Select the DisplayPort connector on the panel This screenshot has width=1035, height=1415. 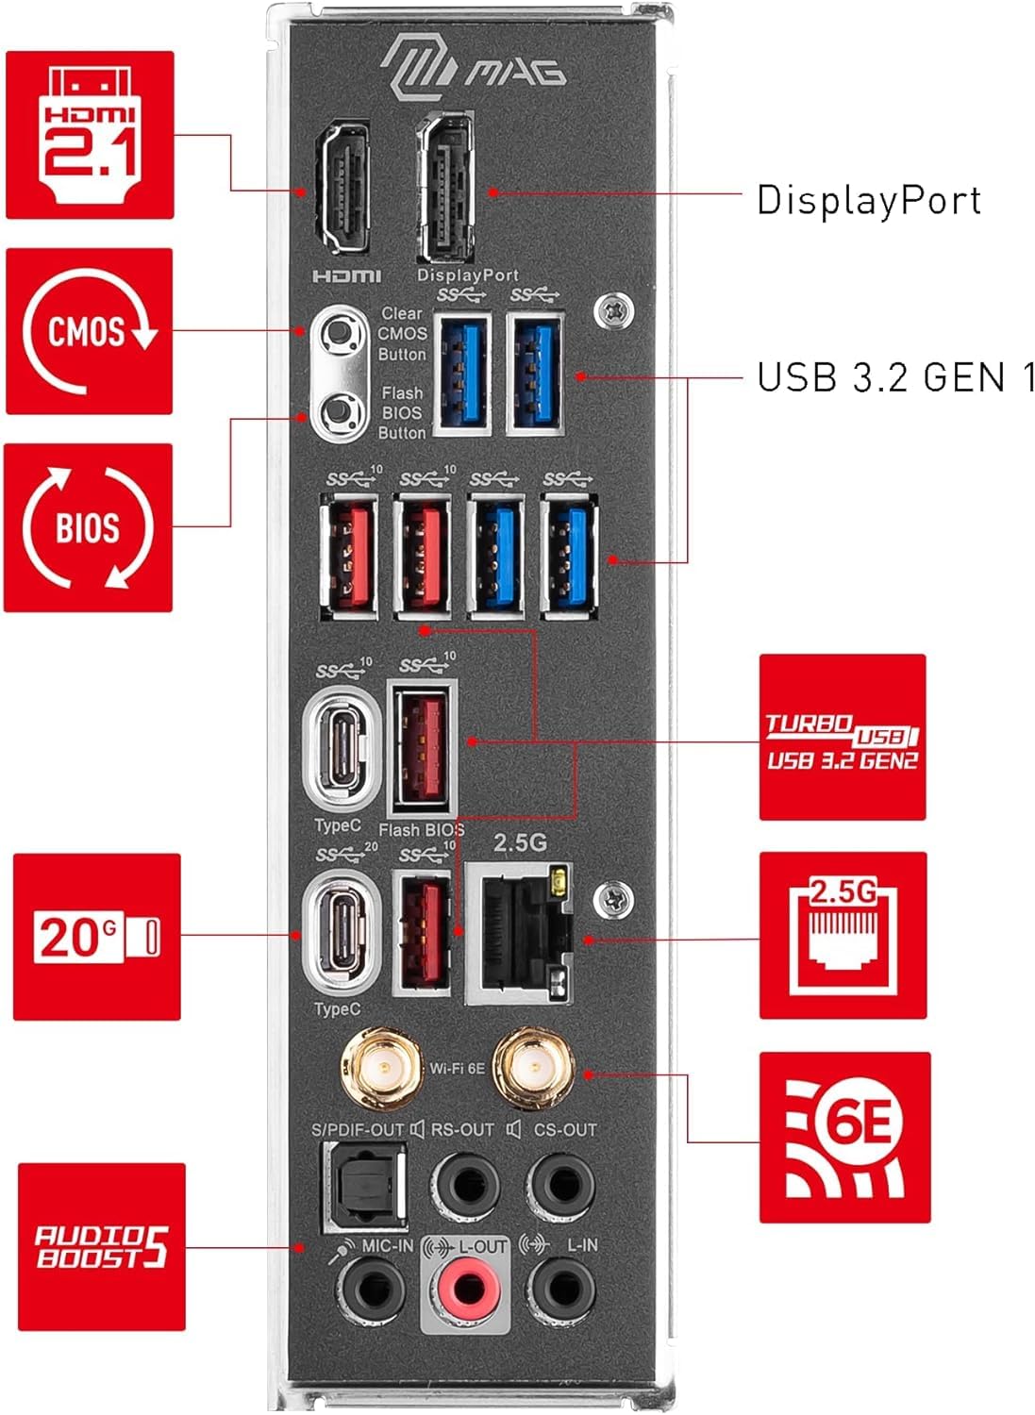pos(444,187)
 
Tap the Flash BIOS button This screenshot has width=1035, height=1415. pos(340,412)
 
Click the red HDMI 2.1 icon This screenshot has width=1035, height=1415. pos(90,135)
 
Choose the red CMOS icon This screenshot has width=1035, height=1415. pos(89,331)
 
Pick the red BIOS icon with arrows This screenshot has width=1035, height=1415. pos(88,527)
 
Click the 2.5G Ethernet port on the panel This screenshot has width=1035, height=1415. pos(520,934)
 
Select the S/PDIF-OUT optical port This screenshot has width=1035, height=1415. pos(364,1187)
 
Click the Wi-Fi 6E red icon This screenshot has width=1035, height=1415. pos(844,1138)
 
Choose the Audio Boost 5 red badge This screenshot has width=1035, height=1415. pos(102,1247)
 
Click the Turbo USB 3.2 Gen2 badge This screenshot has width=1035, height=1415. pos(843,737)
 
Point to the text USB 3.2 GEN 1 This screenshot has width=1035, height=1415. pos(895,377)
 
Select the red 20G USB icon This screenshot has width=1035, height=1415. pos(96,937)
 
